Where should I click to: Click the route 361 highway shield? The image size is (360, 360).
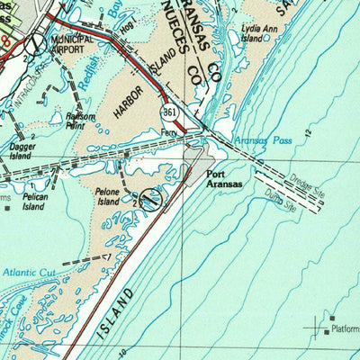(x=170, y=111)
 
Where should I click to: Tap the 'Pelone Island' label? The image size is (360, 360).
(x=112, y=196)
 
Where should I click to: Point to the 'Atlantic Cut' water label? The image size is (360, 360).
(x=29, y=270)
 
